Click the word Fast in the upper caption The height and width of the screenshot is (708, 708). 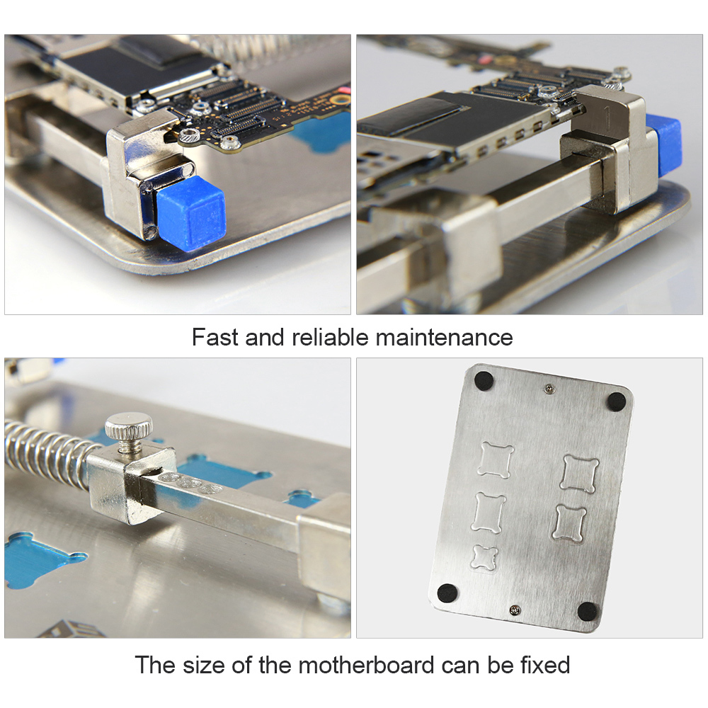(x=215, y=337)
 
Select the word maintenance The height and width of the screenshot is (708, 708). (x=444, y=337)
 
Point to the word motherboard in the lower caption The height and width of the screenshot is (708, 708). (x=366, y=666)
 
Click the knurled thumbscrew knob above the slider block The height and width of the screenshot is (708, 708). (x=128, y=426)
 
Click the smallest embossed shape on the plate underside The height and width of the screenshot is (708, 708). (x=486, y=557)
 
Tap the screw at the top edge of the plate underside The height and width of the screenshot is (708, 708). (x=550, y=387)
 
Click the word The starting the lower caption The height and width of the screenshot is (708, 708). (x=155, y=666)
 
